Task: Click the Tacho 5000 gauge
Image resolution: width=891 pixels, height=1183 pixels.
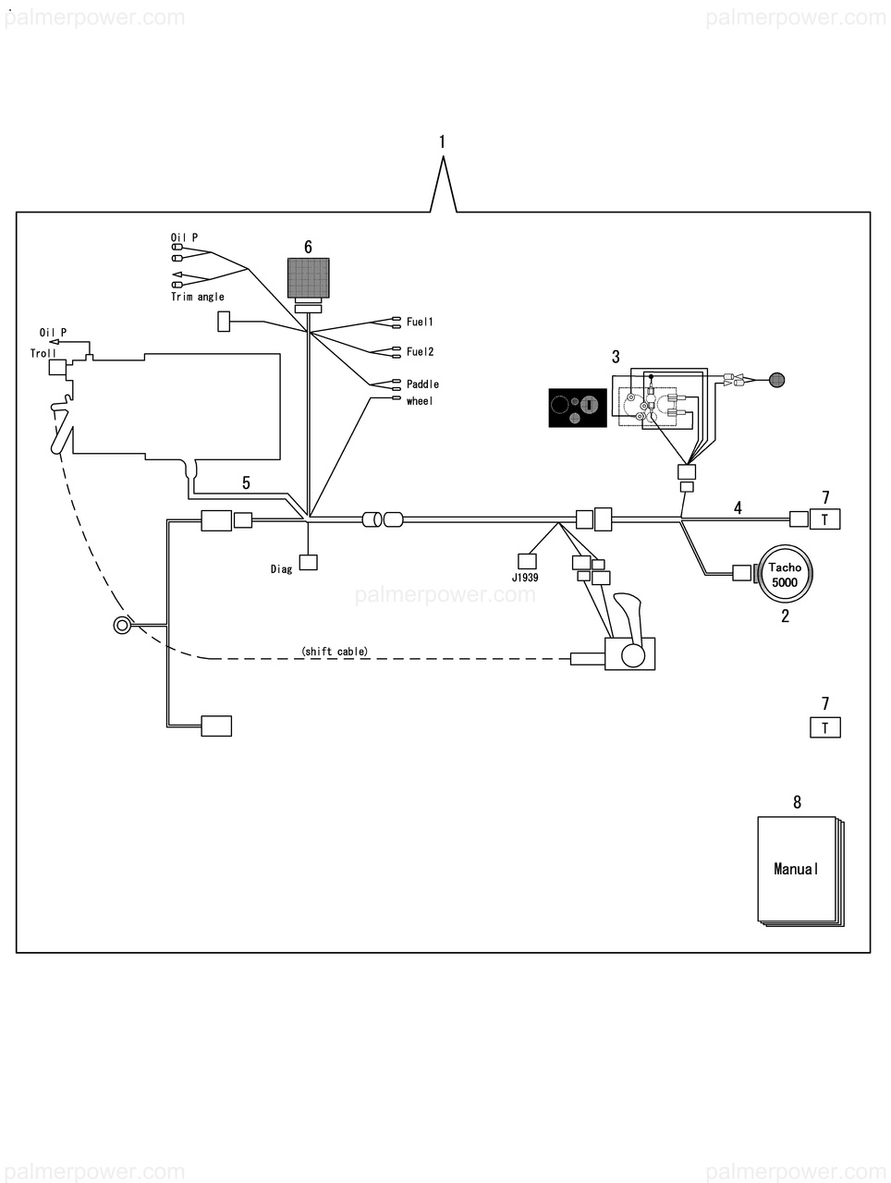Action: (785, 575)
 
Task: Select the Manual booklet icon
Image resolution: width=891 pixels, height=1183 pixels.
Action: (797, 869)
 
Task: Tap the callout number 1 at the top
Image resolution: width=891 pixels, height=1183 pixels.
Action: (442, 141)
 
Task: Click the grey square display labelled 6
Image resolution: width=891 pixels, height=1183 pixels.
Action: (308, 277)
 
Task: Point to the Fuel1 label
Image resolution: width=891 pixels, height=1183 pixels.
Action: (420, 322)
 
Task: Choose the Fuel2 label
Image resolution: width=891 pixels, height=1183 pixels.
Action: (420, 351)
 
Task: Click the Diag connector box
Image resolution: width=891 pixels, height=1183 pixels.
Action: (308, 562)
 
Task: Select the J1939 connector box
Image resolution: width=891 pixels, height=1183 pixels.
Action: (527, 561)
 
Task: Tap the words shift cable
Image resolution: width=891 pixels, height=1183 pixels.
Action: (335, 652)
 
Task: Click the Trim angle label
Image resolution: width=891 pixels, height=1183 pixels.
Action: (198, 297)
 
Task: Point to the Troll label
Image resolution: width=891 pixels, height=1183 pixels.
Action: (43, 353)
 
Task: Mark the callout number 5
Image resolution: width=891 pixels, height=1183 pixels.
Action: (246, 482)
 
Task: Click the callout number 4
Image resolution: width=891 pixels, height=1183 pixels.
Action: (738, 507)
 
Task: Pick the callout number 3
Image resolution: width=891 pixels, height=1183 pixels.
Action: (616, 356)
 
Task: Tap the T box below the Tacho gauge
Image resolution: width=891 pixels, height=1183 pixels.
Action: (824, 727)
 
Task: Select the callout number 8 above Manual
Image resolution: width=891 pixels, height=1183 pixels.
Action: (797, 802)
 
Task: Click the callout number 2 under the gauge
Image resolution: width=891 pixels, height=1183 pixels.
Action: (785, 616)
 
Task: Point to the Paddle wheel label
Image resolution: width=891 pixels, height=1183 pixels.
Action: (422, 392)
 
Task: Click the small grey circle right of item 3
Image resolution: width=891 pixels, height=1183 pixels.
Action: (777, 378)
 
